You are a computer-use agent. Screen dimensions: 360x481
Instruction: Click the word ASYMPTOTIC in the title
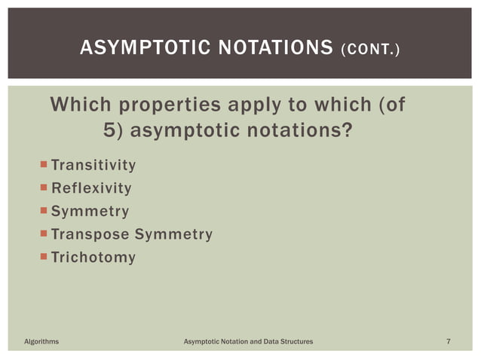pyautogui.click(x=140, y=50)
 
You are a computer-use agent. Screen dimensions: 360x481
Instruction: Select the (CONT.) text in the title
pyautogui.click(x=371, y=50)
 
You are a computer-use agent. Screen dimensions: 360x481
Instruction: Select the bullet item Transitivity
pyautogui.click(x=93, y=165)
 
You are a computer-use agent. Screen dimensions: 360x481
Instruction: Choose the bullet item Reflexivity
pyautogui.click(x=91, y=188)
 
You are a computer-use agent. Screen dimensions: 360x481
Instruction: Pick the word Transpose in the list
pyautogui.click(x=90, y=235)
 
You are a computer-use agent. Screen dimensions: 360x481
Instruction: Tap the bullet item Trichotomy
pyautogui.click(x=93, y=258)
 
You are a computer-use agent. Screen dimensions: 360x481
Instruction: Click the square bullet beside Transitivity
pyautogui.click(x=44, y=164)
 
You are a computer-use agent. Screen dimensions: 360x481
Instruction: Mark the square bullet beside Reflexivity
pyautogui.click(x=44, y=188)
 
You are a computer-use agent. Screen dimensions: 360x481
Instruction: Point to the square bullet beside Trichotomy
pyautogui.click(x=44, y=257)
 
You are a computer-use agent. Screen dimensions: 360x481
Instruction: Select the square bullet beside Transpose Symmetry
pyautogui.click(x=44, y=234)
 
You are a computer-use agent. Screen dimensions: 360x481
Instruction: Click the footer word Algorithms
pyautogui.click(x=41, y=343)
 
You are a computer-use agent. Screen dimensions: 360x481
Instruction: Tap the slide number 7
pyautogui.click(x=449, y=343)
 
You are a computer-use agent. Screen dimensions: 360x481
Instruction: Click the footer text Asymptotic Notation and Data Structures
pyautogui.click(x=249, y=343)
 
